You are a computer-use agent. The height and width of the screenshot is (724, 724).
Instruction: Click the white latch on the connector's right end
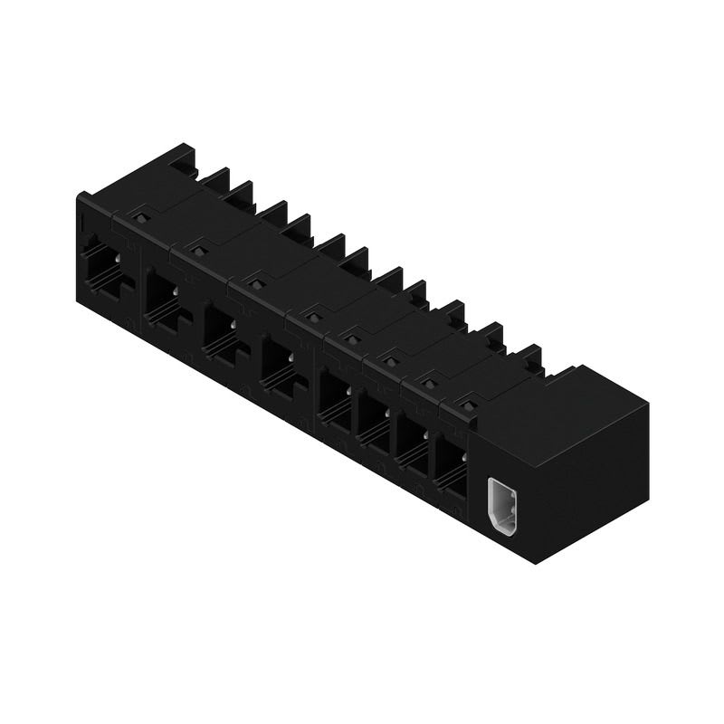(x=501, y=506)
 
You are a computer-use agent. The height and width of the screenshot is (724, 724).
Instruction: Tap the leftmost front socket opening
(x=101, y=267)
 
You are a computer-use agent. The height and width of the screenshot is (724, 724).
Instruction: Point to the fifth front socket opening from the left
(x=335, y=398)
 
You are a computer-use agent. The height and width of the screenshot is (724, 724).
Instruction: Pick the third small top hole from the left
(x=256, y=284)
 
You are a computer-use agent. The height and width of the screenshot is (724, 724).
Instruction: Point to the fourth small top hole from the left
(x=314, y=317)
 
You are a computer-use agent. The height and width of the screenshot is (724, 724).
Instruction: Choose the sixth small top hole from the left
(x=391, y=361)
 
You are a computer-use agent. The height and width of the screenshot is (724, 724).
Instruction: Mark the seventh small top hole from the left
(x=430, y=383)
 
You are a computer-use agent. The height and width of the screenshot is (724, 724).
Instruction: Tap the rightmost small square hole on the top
(x=468, y=405)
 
